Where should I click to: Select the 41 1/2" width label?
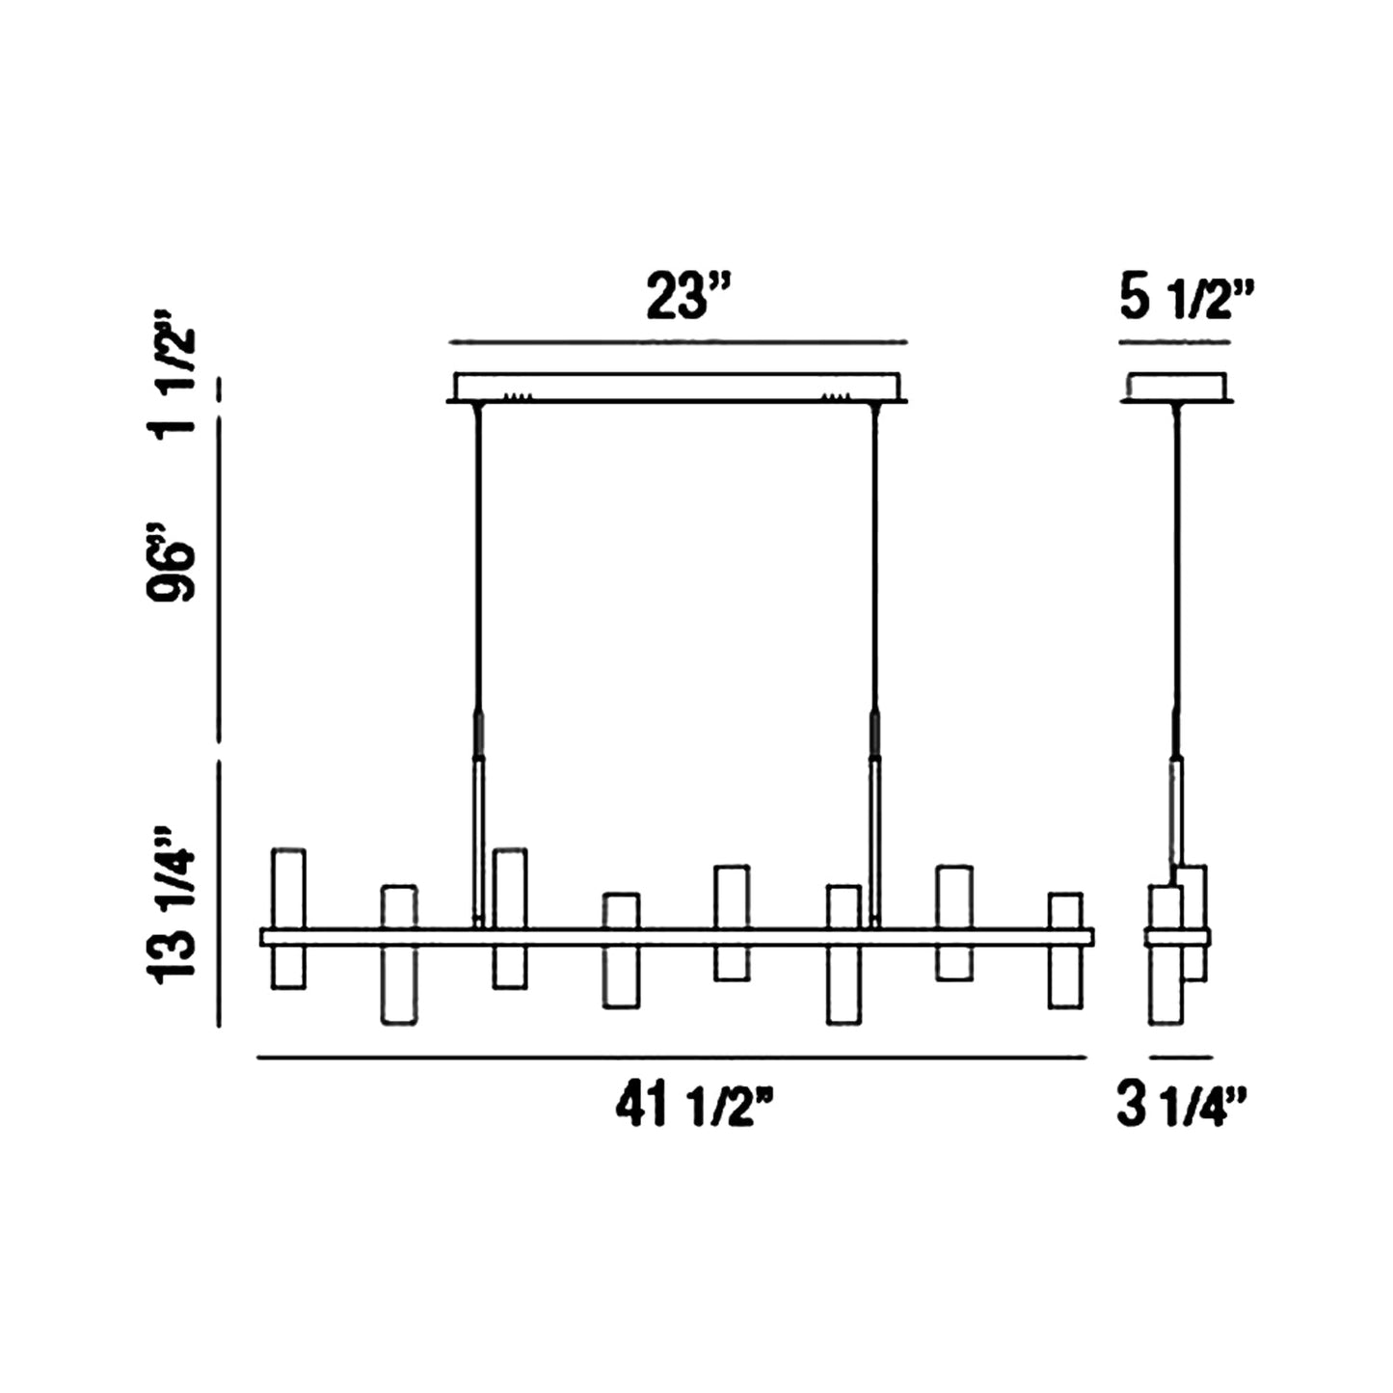(x=695, y=1107)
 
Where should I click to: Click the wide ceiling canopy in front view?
(x=677, y=387)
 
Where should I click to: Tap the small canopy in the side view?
(x=1177, y=387)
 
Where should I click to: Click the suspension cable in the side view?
(x=1175, y=578)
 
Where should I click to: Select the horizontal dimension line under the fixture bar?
(x=672, y=1058)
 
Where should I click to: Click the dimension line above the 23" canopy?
(x=679, y=341)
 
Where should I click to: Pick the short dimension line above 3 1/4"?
(x=1180, y=1058)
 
